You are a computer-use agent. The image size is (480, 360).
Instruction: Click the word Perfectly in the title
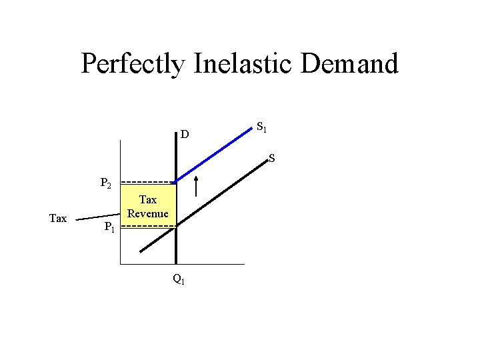pyautogui.click(x=134, y=64)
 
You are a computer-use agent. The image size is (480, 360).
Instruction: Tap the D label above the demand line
pyautogui.click(x=185, y=135)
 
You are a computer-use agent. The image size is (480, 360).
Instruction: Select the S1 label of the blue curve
pyautogui.click(x=262, y=126)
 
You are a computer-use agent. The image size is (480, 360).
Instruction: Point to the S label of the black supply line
pyautogui.click(x=272, y=159)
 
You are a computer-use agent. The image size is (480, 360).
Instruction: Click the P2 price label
pyautogui.click(x=107, y=183)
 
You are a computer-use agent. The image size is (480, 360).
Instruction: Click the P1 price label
pyautogui.click(x=111, y=229)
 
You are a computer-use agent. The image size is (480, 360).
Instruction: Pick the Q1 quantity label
pyautogui.click(x=179, y=280)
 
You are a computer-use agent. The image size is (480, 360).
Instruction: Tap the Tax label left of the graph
pyautogui.click(x=58, y=218)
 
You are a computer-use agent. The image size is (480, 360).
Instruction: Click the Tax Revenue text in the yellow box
pyautogui.click(x=148, y=207)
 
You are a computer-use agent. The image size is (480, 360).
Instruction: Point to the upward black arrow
pyautogui.click(x=196, y=186)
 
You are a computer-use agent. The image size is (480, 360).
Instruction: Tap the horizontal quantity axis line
pyautogui.click(x=213, y=265)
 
